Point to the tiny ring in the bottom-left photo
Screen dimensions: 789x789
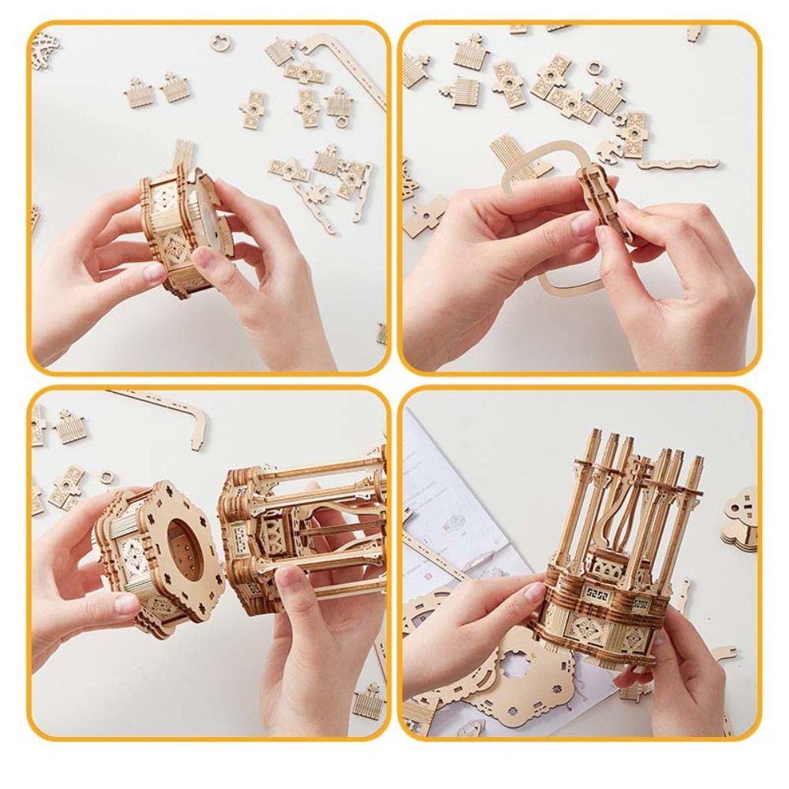106,477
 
